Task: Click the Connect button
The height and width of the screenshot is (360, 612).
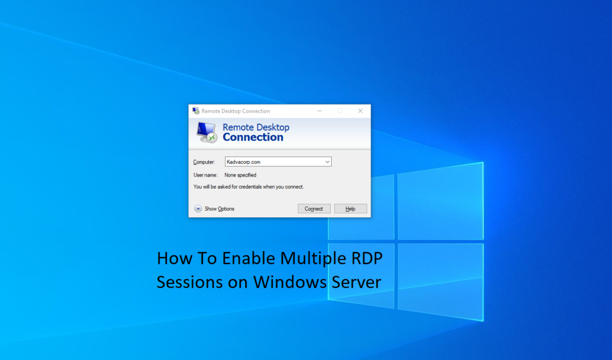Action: (x=314, y=209)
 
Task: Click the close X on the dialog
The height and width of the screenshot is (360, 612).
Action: (x=360, y=111)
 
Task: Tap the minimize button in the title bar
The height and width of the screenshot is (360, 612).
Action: (x=319, y=111)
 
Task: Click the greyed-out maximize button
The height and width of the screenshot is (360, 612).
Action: (x=339, y=111)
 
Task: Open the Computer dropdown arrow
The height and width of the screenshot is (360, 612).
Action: (x=327, y=161)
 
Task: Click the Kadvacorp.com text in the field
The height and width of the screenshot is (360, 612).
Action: (x=244, y=161)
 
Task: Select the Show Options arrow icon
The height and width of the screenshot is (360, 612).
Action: (x=198, y=209)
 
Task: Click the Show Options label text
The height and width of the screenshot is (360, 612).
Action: (x=219, y=209)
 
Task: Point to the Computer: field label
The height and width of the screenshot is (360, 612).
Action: (x=204, y=161)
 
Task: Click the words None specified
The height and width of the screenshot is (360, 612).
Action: (x=240, y=175)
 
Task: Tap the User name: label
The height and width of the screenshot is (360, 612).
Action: (x=205, y=175)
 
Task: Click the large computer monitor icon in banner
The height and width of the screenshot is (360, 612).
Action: (x=206, y=132)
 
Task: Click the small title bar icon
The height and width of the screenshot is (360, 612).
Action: (x=195, y=111)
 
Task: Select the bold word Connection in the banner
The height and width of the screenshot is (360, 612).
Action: (x=253, y=137)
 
